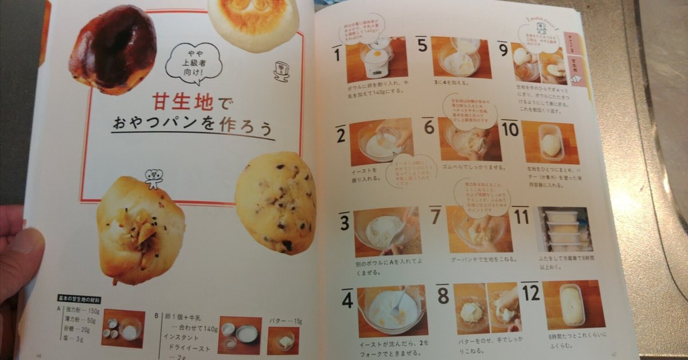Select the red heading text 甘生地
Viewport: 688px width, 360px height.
click(182, 103)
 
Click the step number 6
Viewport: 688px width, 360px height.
click(429, 127)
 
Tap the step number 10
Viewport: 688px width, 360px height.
click(510, 130)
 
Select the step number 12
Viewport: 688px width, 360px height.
click(530, 294)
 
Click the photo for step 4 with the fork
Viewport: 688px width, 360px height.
click(392, 310)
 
